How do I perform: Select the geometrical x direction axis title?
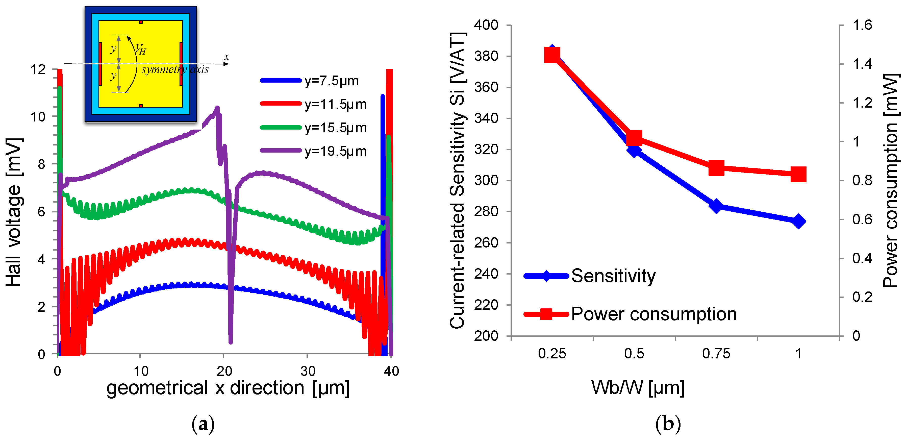click(x=228, y=388)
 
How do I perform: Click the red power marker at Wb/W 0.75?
click(x=716, y=167)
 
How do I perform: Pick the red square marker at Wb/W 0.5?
click(x=634, y=138)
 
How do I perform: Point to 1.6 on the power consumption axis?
click(x=862, y=25)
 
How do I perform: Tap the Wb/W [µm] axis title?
click(x=638, y=388)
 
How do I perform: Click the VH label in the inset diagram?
click(x=141, y=49)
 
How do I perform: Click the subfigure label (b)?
click(x=668, y=424)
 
